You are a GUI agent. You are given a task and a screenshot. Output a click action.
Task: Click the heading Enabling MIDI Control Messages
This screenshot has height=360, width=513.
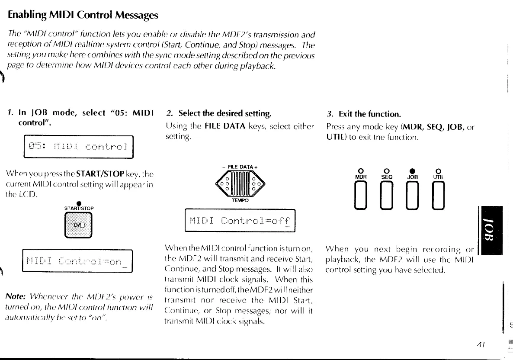point(83,15)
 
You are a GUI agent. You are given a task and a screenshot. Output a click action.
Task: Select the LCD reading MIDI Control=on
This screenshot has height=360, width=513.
point(77,261)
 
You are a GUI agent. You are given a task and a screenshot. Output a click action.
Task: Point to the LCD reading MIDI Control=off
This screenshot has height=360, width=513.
point(239,221)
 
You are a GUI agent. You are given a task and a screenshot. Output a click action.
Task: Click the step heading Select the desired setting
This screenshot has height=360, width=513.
point(219,114)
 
